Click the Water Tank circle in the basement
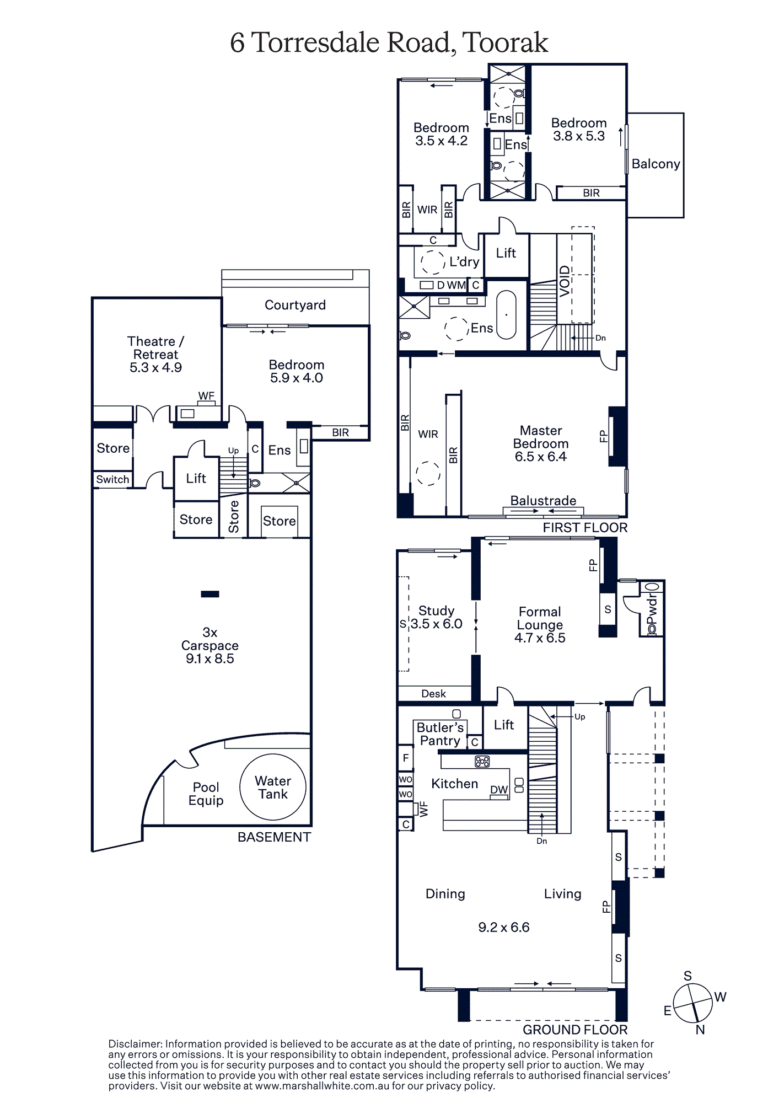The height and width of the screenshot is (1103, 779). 273,755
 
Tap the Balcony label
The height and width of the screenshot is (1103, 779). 656,164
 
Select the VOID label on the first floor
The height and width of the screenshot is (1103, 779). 565,281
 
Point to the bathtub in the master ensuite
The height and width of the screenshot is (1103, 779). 506,314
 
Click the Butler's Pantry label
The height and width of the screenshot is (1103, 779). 440,734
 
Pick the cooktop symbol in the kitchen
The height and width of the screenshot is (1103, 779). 482,762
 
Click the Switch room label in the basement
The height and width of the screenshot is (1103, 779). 112,479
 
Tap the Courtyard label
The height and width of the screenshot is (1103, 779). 295,305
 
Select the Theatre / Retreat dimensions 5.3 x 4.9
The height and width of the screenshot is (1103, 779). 155,367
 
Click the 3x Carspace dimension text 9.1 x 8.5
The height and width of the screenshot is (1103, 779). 209,658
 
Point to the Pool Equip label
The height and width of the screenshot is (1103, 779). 206,794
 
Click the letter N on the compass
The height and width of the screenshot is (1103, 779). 700,1030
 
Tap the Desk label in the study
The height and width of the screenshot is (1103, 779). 433,694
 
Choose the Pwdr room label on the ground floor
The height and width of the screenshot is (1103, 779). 652,609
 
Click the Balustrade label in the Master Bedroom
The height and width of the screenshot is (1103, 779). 543,501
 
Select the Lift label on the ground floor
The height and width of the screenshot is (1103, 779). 504,725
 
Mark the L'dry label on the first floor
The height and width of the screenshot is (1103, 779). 464,262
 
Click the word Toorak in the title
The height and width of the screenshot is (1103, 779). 505,42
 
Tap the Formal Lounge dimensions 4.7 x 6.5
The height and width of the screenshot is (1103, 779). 540,638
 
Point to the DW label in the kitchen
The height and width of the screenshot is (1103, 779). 499,790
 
